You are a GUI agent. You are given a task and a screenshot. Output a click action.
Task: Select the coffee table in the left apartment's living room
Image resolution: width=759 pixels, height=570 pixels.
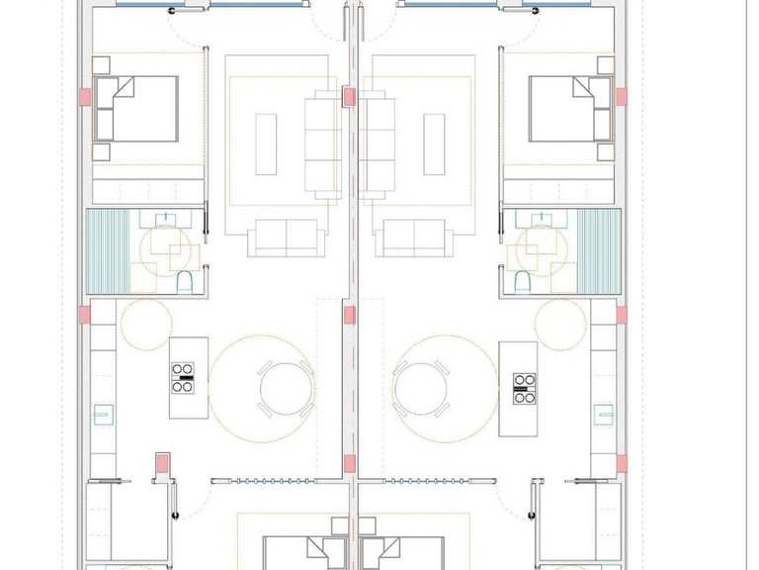[x=267, y=143]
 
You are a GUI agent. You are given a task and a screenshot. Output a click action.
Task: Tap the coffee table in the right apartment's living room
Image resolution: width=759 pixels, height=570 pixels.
[x=434, y=143]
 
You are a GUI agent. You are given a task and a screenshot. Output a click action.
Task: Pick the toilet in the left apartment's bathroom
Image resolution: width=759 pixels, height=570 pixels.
[x=183, y=284]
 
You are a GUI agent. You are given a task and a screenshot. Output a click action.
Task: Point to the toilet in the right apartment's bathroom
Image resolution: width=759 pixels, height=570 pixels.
[x=522, y=284]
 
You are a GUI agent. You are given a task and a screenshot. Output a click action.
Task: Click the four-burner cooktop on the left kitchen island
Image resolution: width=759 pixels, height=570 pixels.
[x=183, y=378]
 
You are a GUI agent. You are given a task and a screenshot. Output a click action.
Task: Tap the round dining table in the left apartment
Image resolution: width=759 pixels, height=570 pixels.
[x=286, y=388]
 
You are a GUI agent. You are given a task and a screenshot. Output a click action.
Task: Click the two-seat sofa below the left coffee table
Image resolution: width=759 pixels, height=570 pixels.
[x=287, y=237]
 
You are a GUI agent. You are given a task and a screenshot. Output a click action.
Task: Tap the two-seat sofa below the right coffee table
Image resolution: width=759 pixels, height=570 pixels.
[x=413, y=237]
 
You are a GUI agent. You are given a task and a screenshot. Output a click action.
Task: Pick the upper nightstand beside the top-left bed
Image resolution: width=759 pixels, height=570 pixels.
[x=102, y=64]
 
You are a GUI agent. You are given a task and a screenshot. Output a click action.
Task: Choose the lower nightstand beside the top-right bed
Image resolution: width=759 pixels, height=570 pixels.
[x=603, y=150]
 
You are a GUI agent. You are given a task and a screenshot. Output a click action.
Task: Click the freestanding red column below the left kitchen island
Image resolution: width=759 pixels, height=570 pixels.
[x=161, y=462]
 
